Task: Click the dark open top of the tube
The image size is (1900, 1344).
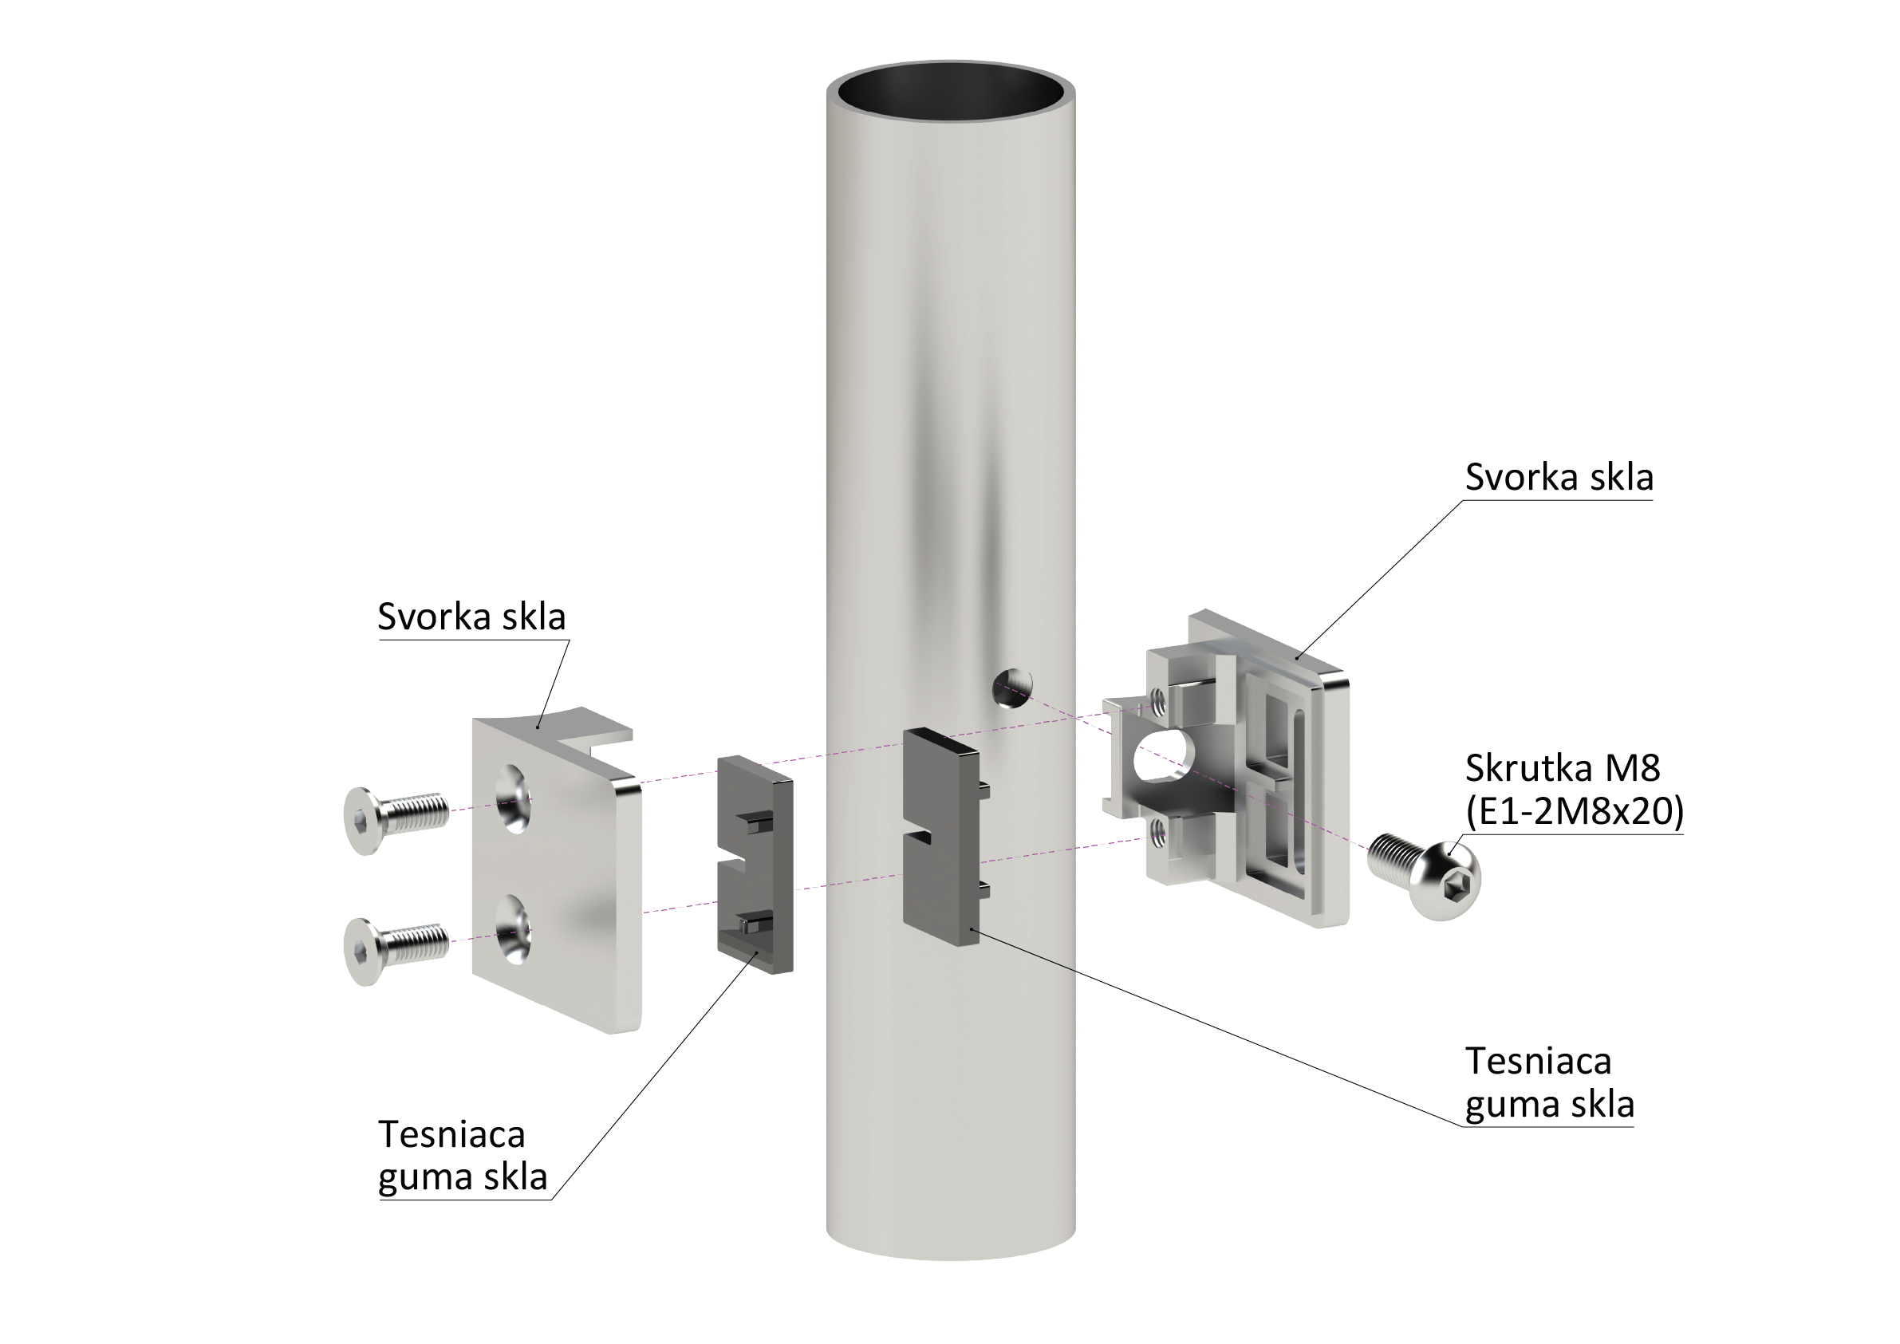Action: coord(951,91)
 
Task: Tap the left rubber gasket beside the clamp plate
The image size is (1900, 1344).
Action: coord(754,864)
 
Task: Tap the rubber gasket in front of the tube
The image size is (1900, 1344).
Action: coord(944,836)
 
